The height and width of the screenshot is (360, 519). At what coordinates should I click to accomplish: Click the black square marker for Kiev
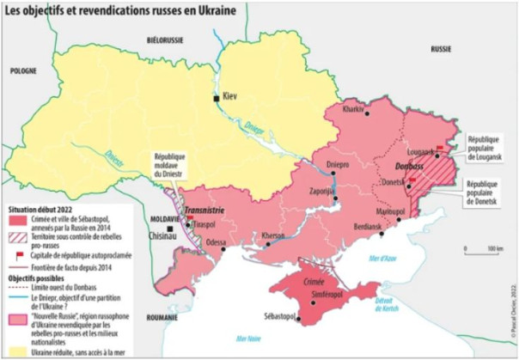(217, 100)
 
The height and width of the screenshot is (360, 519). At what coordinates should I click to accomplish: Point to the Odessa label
(217, 243)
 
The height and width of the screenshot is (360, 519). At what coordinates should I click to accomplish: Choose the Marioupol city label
(389, 211)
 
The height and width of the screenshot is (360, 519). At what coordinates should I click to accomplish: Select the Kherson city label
(273, 235)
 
